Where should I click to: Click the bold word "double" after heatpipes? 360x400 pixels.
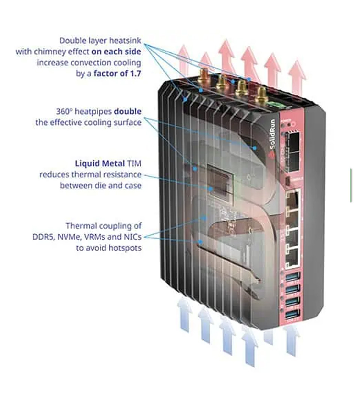[x=127, y=111]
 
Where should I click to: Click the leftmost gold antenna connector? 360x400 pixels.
[x=204, y=76]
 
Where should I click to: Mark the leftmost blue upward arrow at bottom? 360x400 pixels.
[x=184, y=313]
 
